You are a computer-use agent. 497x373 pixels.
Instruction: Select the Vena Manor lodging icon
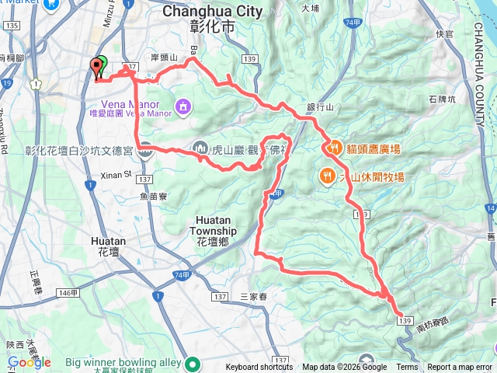(182, 105)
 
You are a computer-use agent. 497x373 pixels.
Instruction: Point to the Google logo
(30, 362)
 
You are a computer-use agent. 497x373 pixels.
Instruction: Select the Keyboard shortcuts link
(259, 368)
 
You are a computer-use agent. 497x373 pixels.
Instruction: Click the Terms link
(407, 368)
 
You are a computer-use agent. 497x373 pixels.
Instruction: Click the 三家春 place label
(253, 296)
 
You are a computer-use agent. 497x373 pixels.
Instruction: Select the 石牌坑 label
(443, 99)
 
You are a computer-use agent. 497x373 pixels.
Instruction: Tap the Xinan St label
(116, 175)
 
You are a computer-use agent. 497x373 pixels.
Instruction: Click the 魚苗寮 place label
(155, 197)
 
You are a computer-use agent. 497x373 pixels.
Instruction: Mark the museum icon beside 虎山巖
(200, 148)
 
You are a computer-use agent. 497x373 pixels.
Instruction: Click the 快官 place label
(444, 33)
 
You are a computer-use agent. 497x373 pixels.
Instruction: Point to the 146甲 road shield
(68, 292)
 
